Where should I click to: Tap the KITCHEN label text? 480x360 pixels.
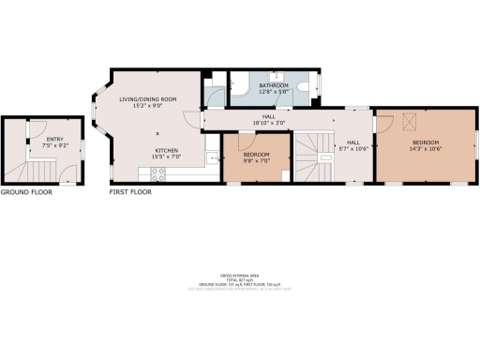point(167,149)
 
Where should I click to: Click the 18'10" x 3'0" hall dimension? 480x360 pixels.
point(268,122)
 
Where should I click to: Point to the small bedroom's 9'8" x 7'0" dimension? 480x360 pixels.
point(255,159)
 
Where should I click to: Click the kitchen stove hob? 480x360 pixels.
point(157,172)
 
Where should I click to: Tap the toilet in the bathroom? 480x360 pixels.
point(308,87)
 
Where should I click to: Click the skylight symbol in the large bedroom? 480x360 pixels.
point(408,118)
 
